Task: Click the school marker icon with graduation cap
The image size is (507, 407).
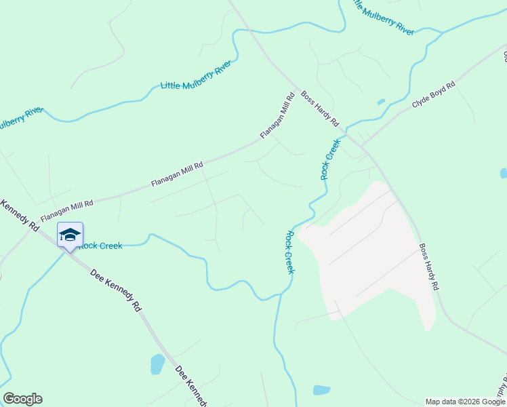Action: pyautogui.click(x=70, y=235)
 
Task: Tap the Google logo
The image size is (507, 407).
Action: pyautogui.click(x=22, y=399)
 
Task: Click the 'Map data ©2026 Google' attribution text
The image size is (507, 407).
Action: pyautogui.click(x=465, y=402)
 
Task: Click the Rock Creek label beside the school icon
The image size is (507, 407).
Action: pyautogui.click(x=100, y=246)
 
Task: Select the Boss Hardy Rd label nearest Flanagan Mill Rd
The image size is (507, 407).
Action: pyautogui.click(x=320, y=109)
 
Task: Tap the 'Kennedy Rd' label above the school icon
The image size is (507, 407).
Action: pyautogui.click(x=20, y=216)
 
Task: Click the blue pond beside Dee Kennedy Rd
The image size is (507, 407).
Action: pyautogui.click(x=157, y=364)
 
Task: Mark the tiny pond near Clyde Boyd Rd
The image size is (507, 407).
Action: pyautogui.click(x=381, y=102)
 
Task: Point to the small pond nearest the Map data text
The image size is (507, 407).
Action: pyautogui.click(x=321, y=390)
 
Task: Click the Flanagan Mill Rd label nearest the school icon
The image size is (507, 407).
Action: pyautogui.click(x=66, y=209)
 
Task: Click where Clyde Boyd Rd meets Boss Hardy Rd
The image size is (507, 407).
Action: pyautogui.click(x=364, y=145)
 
